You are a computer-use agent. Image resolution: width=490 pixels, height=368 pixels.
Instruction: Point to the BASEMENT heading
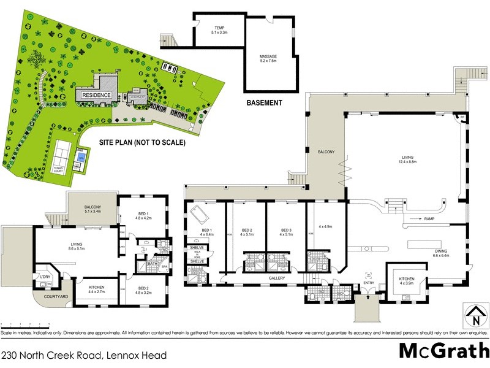click(x=264, y=103)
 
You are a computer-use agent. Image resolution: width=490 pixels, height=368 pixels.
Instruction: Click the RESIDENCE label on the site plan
click(x=97, y=95)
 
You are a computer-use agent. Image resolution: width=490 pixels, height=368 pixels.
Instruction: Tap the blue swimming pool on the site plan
click(x=81, y=158)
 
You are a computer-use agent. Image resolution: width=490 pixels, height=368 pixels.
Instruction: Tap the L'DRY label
click(x=45, y=276)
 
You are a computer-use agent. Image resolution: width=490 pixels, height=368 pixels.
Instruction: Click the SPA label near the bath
click(x=164, y=267)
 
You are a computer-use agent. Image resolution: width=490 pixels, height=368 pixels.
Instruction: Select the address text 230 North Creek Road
click(x=83, y=355)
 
